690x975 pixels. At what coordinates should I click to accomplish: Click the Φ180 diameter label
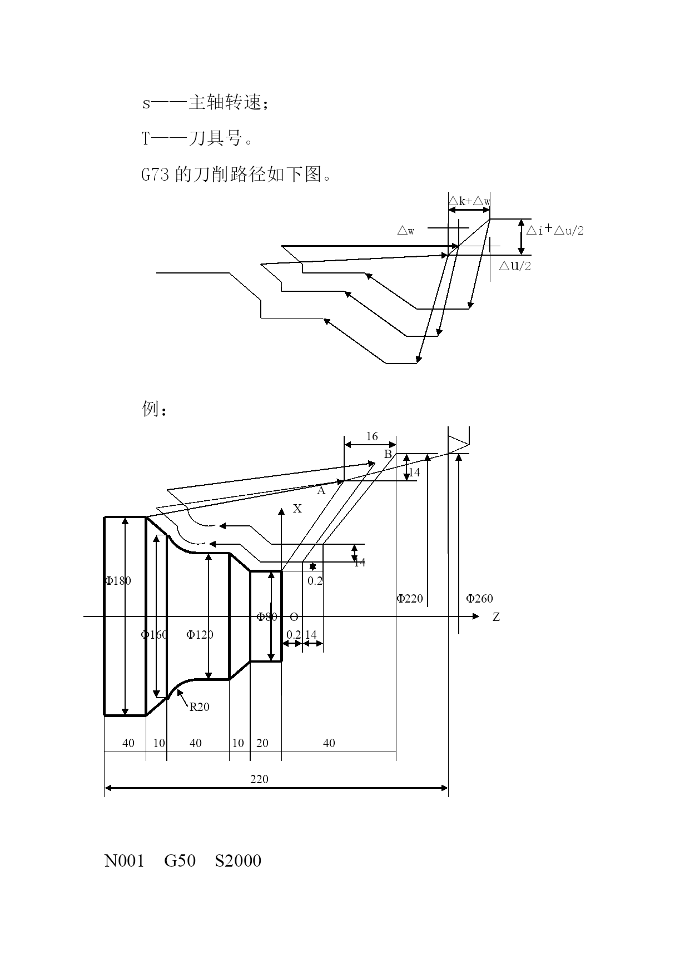tap(118, 581)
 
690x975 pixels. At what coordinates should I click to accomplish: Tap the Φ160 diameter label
tap(153, 635)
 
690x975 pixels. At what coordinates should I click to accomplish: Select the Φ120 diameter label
tap(200, 635)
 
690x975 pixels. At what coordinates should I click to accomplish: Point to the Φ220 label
tap(410, 599)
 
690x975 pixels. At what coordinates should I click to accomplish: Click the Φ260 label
tap(479, 599)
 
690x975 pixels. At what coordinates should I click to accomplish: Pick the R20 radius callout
tap(200, 707)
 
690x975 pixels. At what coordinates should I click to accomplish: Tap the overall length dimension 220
tap(259, 779)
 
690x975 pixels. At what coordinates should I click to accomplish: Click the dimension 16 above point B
tap(372, 436)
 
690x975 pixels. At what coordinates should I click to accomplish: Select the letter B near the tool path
tap(388, 454)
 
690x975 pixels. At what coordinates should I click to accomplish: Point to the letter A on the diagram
tap(321, 491)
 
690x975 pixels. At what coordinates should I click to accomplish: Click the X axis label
tap(297, 509)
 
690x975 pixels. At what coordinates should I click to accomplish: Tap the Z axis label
tap(496, 617)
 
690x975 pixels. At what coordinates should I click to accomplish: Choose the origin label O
tap(294, 617)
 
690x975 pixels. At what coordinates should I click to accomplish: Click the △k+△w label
tap(470, 201)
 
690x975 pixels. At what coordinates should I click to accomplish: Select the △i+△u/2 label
tap(555, 230)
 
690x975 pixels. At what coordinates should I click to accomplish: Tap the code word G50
tap(180, 861)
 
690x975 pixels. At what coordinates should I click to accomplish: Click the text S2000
tap(238, 861)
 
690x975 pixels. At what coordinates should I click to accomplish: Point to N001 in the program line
tap(125, 861)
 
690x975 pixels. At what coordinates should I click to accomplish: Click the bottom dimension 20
tap(262, 743)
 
